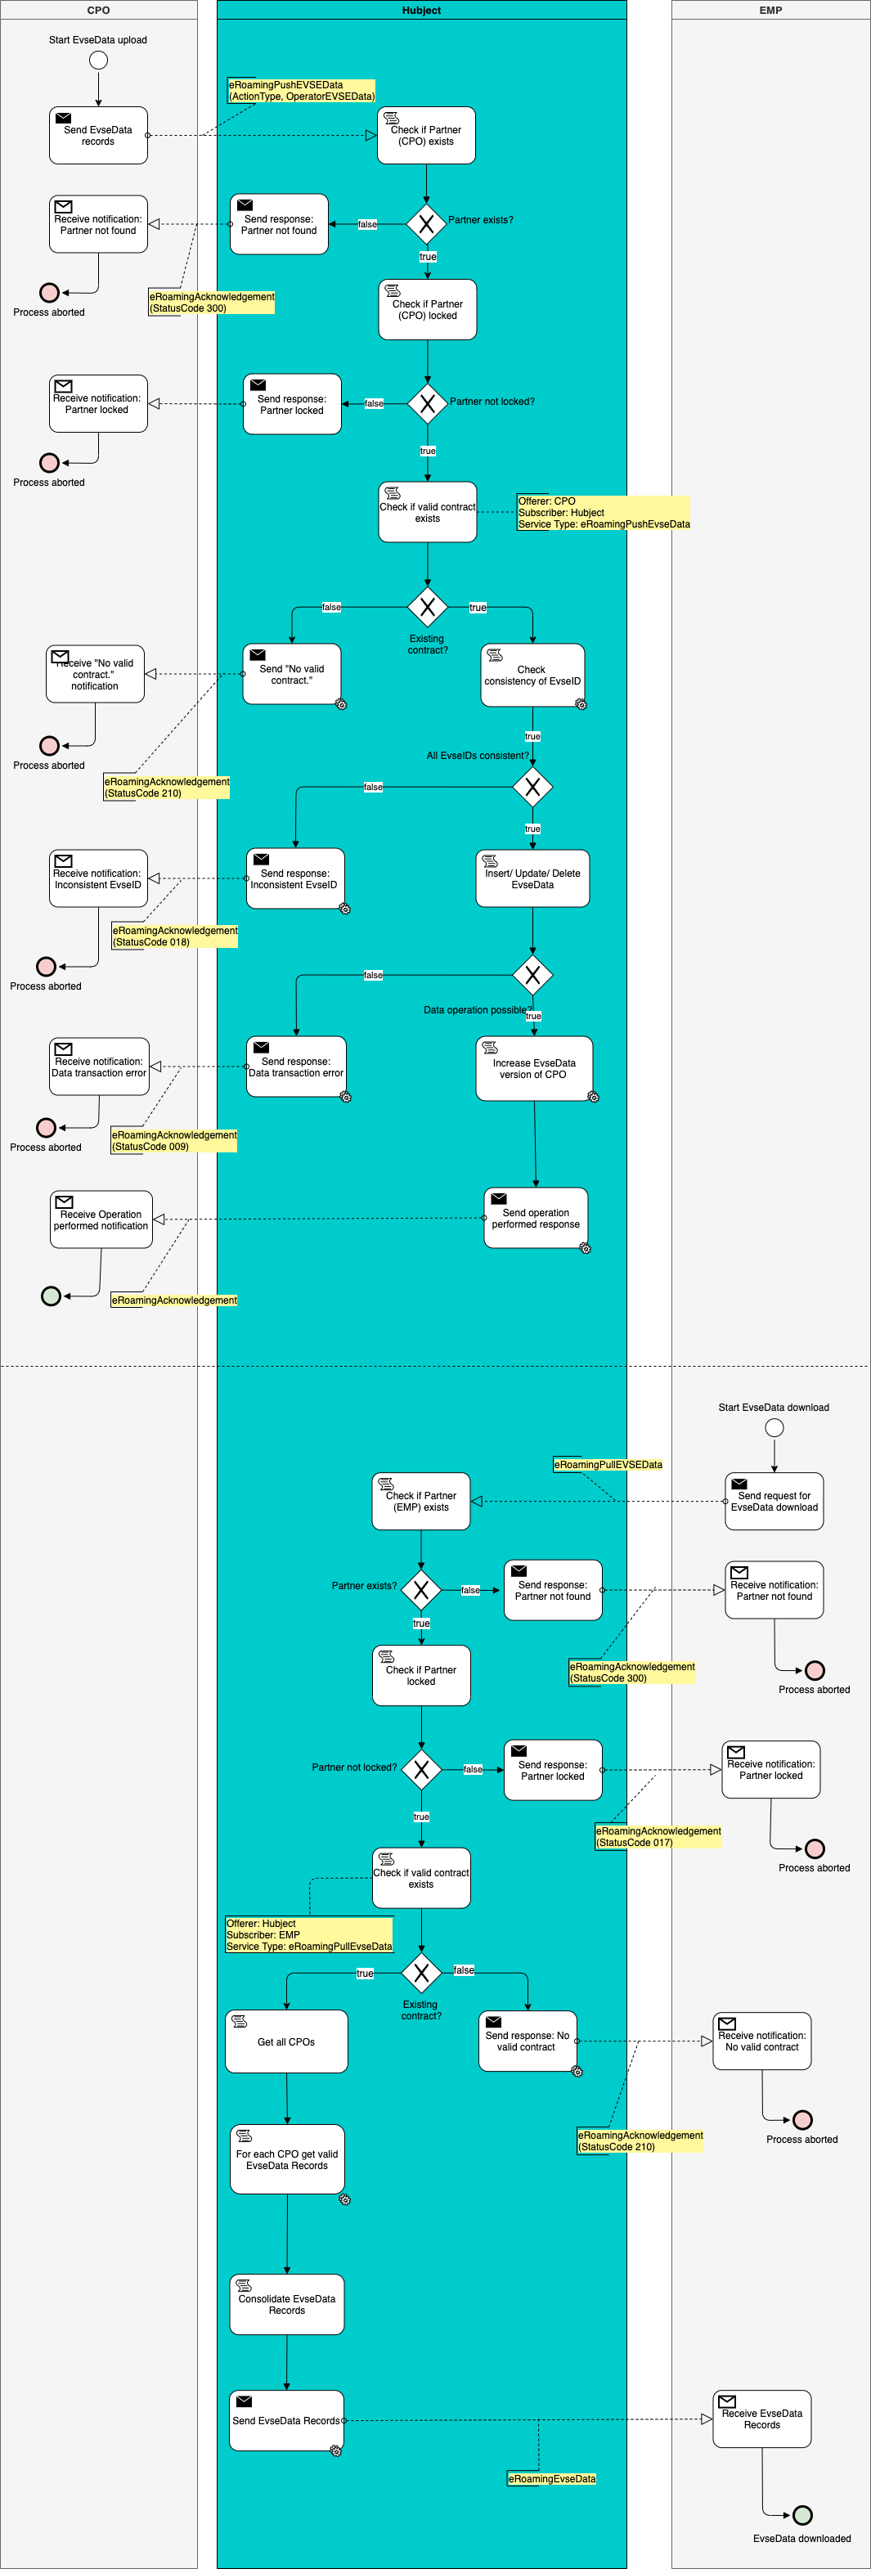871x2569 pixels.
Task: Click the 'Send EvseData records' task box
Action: click(x=98, y=136)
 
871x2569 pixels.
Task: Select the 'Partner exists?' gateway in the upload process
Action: click(x=426, y=223)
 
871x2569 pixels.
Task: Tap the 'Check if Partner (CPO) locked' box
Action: click(x=427, y=310)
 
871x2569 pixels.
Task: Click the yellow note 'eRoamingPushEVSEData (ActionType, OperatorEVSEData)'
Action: click(x=301, y=91)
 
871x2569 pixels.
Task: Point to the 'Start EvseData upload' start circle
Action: click(x=98, y=60)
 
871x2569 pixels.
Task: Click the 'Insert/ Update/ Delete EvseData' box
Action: click(x=532, y=878)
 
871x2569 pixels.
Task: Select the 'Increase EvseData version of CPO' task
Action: click(x=534, y=1069)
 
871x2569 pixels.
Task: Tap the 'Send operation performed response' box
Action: click(x=535, y=1218)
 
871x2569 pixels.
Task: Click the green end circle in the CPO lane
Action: click(x=51, y=1296)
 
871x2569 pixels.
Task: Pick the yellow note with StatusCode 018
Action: click(x=174, y=936)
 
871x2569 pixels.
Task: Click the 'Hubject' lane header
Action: click(x=421, y=10)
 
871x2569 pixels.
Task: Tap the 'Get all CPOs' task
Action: click(x=286, y=2041)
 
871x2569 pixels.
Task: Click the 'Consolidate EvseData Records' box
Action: click(x=286, y=2304)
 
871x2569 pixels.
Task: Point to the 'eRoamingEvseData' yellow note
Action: click(x=552, y=2478)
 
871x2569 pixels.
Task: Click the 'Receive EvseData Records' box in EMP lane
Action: click(x=761, y=2419)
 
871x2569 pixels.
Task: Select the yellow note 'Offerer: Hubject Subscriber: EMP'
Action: click(x=309, y=1935)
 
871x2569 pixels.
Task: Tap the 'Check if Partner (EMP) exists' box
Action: click(x=421, y=1501)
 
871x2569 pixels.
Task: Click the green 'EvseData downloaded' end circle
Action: click(x=802, y=2515)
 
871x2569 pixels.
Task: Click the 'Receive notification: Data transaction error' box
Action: click(x=99, y=1067)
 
